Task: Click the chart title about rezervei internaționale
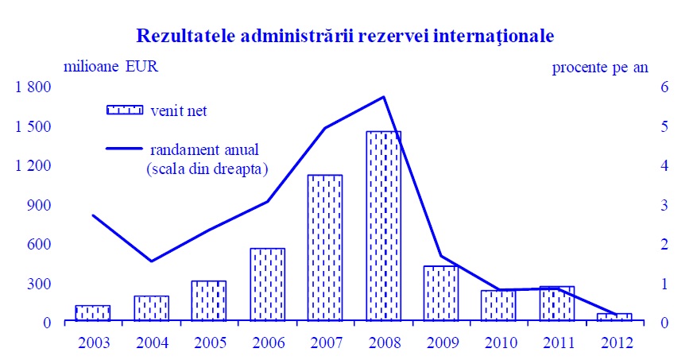pyautogui.click(x=345, y=36)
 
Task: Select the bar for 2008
pyautogui.click(x=384, y=226)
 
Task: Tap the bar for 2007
pyautogui.click(x=325, y=248)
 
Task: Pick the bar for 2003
pyautogui.click(x=93, y=313)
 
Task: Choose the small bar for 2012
pyautogui.click(x=615, y=317)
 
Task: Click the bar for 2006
pyautogui.click(x=267, y=285)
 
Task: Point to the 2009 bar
pyautogui.click(x=441, y=293)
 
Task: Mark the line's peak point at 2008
pyautogui.click(x=384, y=97)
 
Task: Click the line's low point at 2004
pyautogui.click(x=151, y=261)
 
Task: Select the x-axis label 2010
pyautogui.click(x=499, y=343)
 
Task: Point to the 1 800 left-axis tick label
pyautogui.click(x=33, y=87)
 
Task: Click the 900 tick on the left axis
pyautogui.click(x=38, y=205)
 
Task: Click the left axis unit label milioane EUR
pyautogui.click(x=106, y=66)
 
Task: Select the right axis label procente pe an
pyautogui.click(x=600, y=67)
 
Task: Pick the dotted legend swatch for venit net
pyautogui.click(x=124, y=110)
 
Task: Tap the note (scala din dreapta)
pyautogui.click(x=207, y=168)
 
